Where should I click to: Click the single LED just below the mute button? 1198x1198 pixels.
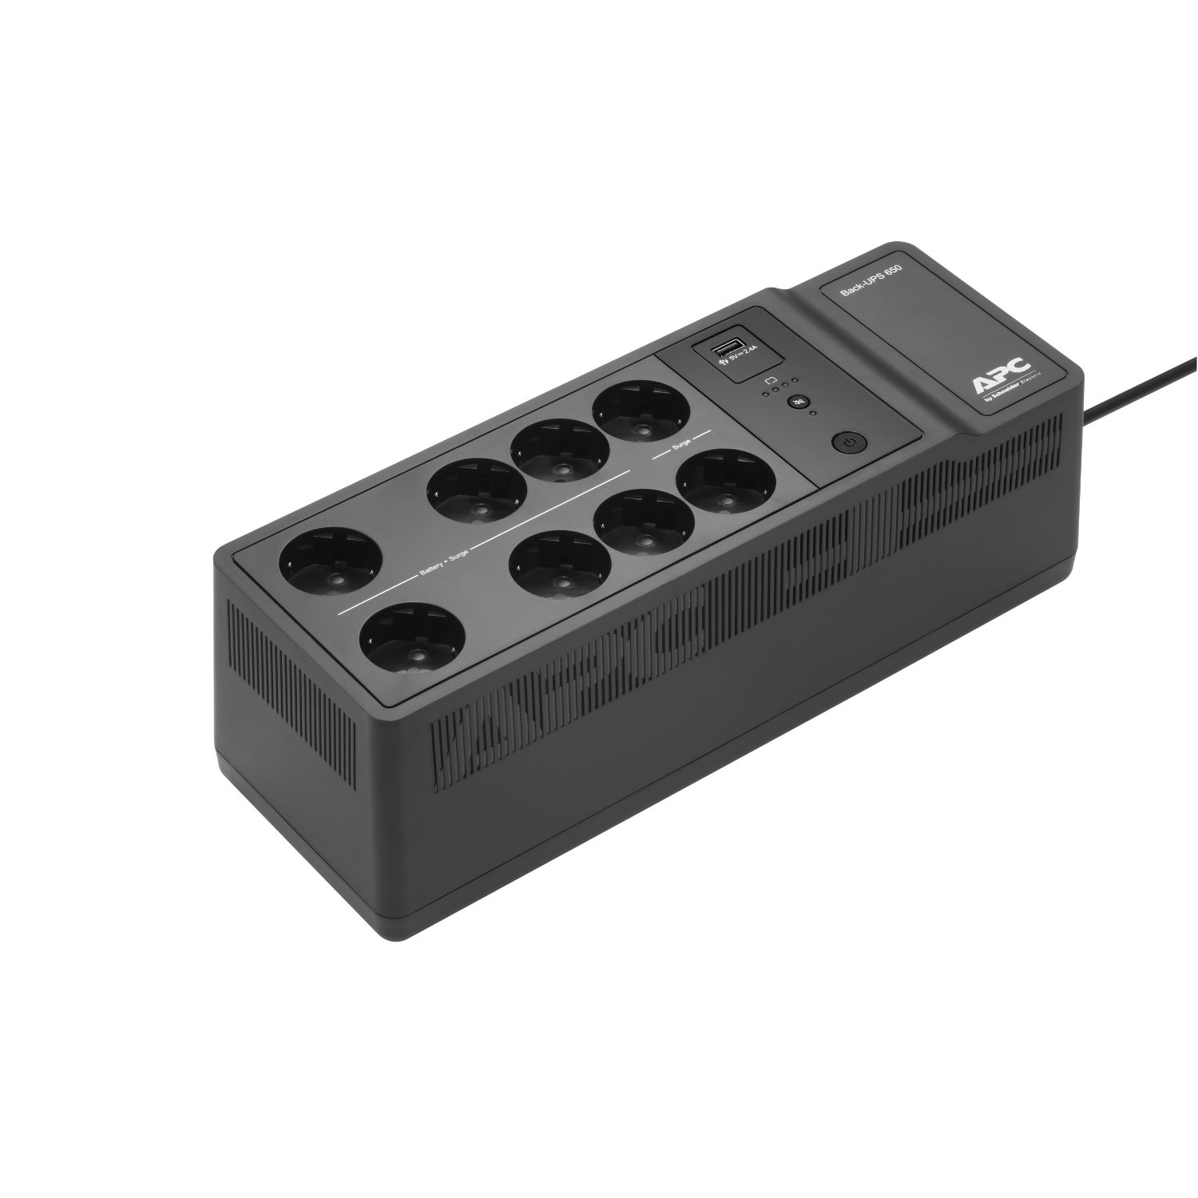click(811, 415)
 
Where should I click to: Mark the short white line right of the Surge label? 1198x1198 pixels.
click(700, 435)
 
